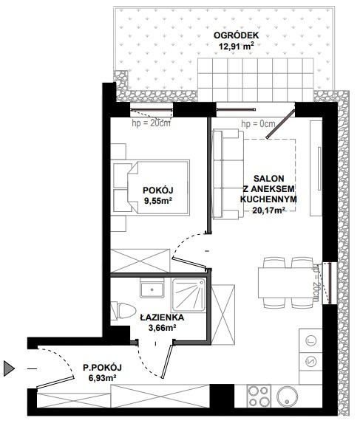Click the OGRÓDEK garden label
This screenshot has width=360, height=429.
point(236,35)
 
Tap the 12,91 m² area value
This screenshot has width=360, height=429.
point(236,46)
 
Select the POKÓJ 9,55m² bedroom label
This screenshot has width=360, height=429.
point(158,196)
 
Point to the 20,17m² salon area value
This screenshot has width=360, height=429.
point(268,210)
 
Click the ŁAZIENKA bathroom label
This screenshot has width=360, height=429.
point(162,318)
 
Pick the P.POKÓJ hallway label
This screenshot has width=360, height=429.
point(102,368)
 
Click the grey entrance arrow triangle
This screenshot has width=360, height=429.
point(9,368)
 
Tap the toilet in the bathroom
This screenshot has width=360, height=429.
point(123,311)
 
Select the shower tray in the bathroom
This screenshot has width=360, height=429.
point(189,295)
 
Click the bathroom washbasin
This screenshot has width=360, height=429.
point(152,289)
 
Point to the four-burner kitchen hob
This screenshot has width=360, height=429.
point(259,396)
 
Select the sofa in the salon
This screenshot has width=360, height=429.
point(228,174)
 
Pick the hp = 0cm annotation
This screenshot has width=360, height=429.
point(258,124)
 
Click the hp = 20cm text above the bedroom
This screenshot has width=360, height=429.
point(152,123)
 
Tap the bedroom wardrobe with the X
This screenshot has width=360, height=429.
point(140,261)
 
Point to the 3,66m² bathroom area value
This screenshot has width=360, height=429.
point(162,328)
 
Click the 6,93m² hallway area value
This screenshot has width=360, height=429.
point(102,378)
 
